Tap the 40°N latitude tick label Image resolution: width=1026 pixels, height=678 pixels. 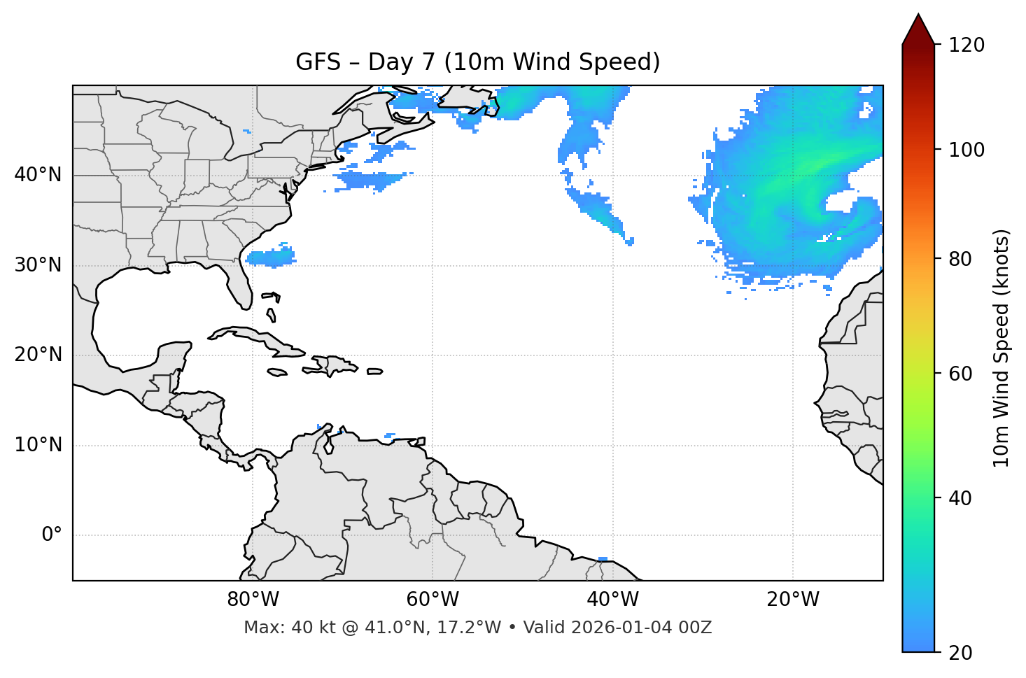[38, 175]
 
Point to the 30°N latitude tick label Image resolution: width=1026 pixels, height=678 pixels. [38, 265]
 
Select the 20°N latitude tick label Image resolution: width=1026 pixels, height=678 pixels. [38, 355]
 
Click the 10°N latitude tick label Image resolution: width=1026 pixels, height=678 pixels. [38, 445]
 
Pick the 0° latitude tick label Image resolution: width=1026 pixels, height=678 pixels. [52, 535]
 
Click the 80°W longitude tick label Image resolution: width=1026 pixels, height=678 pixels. [253, 600]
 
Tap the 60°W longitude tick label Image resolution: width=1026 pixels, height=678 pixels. [433, 600]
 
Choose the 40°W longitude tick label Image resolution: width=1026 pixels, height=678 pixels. [612, 600]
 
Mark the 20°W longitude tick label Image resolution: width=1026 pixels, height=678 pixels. [793, 600]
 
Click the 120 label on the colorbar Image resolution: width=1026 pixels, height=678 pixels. [967, 45]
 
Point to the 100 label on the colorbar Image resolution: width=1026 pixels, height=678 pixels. [967, 150]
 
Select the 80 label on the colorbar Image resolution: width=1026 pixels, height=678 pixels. [962, 259]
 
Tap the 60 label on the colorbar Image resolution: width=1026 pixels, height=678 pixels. [962, 374]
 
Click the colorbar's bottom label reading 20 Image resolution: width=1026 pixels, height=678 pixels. [962, 653]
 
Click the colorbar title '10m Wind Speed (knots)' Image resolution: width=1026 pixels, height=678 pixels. [1002, 348]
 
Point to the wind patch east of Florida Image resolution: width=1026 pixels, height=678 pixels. [272, 257]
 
